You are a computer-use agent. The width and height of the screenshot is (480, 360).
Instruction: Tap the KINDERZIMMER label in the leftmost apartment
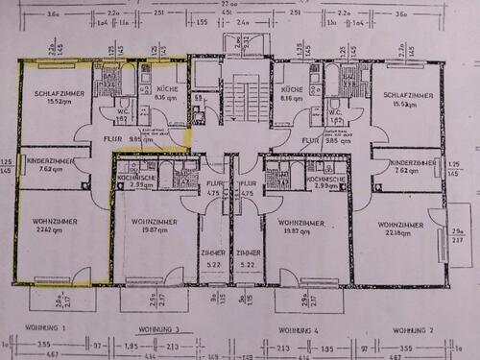[x=50, y=159]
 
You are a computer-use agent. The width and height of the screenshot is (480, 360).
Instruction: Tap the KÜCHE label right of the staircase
[x=293, y=89]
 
